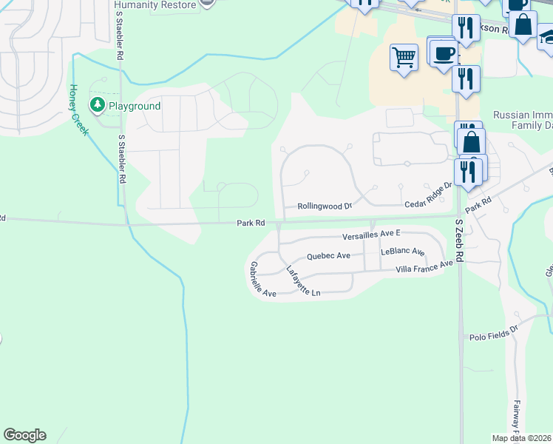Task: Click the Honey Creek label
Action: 79,109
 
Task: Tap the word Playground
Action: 135,106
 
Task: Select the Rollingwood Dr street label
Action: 325,206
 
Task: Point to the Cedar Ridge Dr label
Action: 427,195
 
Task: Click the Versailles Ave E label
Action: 370,235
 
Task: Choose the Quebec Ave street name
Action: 328,256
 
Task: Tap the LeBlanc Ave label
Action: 402,252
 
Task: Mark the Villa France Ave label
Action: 424,267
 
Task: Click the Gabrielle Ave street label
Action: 262,280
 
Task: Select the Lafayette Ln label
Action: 303,281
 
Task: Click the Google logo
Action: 24,435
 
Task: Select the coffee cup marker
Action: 443,54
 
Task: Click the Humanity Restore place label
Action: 155,4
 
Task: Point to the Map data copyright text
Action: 522,438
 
